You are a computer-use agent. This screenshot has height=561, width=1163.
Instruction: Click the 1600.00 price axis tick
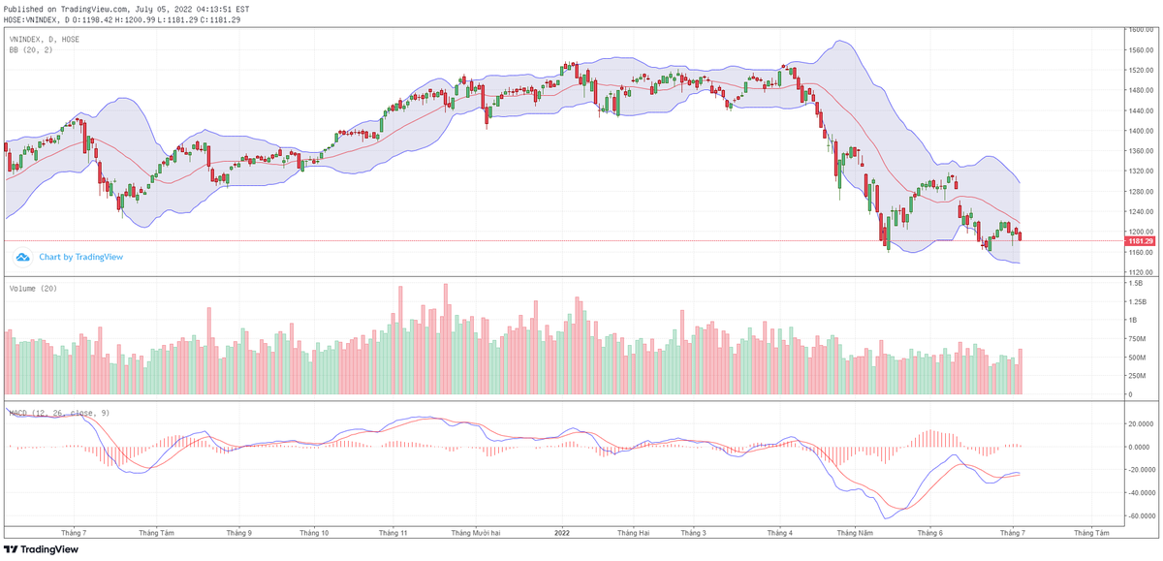(x=1138, y=30)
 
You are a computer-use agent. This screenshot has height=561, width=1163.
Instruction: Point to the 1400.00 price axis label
(x=1138, y=131)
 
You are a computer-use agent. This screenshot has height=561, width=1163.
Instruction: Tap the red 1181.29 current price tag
(x=1139, y=240)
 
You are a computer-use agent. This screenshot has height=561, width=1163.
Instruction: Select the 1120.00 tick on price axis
(x=1138, y=272)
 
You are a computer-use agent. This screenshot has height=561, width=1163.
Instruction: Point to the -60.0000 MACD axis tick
(x=1139, y=515)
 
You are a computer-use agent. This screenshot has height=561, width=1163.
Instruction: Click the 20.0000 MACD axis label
(x=1139, y=423)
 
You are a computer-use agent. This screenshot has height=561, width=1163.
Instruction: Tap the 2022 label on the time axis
(x=563, y=532)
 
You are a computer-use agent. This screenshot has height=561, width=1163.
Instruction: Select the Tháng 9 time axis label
(x=239, y=532)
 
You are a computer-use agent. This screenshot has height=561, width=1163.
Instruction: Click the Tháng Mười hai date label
(x=475, y=532)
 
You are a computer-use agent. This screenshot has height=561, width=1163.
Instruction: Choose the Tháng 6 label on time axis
(x=929, y=532)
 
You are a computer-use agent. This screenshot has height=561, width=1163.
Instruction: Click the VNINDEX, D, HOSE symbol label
(x=44, y=39)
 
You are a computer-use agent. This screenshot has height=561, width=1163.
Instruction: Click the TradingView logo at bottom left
(x=44, y=549)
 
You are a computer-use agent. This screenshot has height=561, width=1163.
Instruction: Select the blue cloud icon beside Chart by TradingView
(x=22, y=257)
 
